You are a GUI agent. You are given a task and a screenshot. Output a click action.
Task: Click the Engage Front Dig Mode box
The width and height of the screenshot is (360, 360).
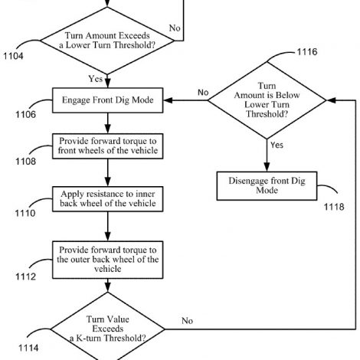(x=107, y=100)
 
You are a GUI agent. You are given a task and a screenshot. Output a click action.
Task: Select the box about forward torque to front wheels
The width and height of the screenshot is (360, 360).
(x=107, y=146)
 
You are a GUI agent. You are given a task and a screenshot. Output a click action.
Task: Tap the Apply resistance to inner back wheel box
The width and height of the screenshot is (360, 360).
(x=107, y=199)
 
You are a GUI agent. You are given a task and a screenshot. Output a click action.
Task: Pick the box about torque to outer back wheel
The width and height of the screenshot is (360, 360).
(x=107, y=260)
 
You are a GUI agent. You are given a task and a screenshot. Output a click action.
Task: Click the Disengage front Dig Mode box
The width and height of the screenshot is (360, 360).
(x=267, y=186)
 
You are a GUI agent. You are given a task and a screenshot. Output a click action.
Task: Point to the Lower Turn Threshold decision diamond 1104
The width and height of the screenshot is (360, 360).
(x=107, y=41)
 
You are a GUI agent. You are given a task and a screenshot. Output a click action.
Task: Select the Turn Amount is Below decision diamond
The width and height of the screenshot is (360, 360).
(x=267, y=100)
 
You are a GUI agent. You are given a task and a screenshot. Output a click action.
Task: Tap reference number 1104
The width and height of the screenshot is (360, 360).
(x=13, y=56)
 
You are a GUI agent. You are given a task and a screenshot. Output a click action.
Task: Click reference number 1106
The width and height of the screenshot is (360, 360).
(x=26, y=114)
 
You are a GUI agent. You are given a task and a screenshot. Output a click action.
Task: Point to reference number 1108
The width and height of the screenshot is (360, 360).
(x=26, y=162)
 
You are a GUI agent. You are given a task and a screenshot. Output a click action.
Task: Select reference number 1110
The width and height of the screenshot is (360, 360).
(x=25, y=213)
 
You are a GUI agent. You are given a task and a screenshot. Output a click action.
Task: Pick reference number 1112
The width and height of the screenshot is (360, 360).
(x=26, y=277)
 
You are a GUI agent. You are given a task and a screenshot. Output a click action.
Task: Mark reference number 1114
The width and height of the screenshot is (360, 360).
(x=28, y=348)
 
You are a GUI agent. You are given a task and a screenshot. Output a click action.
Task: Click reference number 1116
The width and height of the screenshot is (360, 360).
(x=307, y=52)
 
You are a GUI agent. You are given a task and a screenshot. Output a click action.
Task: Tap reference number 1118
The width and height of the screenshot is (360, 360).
(x=334, y=207)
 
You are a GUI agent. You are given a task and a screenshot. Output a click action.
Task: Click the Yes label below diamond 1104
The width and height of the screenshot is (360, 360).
(x=96, y=79)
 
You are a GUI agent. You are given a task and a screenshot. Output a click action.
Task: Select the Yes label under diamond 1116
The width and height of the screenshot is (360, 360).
(x=277, y=145)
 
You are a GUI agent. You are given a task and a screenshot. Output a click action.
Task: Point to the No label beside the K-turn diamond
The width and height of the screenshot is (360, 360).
(x=187, y=321)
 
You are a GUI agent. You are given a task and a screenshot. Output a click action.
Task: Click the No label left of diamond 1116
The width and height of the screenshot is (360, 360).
(x=203, y=93)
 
